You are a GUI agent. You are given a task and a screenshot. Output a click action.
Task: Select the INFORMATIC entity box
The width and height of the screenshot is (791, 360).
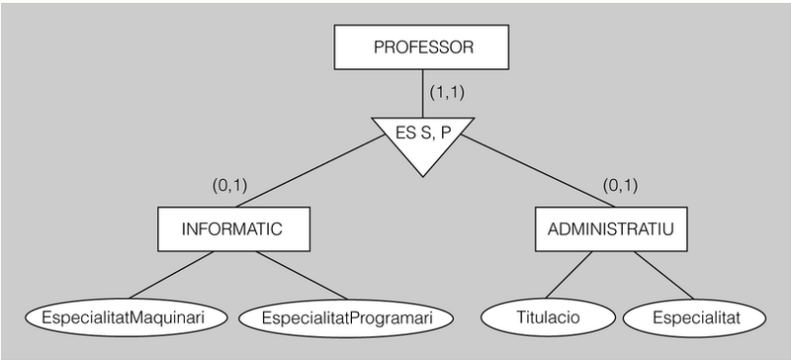[x=232, y=228]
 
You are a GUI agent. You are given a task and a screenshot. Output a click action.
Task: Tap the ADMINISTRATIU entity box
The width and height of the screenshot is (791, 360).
[x=610, y=228]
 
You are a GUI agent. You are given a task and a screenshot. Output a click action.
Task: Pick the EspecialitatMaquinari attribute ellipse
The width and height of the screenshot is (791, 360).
[x=126, y=317]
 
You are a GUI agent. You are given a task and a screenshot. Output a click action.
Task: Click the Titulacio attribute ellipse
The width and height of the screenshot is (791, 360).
[x=547, y=317]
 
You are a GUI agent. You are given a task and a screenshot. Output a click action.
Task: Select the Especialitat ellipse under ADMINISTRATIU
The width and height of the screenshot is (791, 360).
[x=694, y=317]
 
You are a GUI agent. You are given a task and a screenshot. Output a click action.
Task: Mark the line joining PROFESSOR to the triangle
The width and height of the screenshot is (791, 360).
[x=423, y=95]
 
